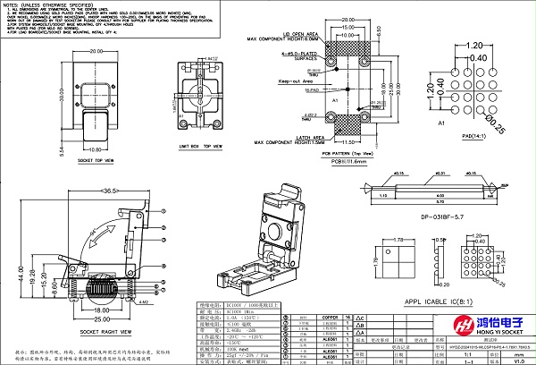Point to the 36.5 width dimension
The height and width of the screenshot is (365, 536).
[111, 191]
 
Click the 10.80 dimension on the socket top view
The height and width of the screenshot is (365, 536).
[99, 149]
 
